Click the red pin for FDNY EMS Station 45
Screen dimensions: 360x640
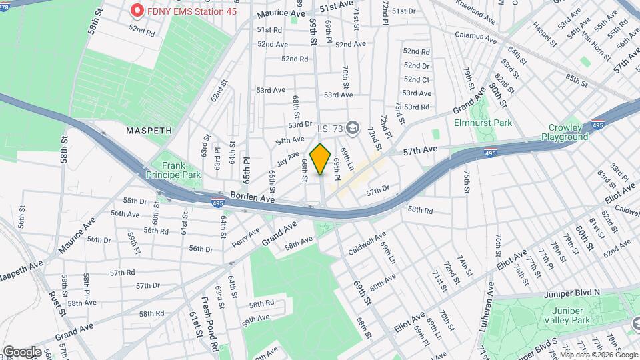[137, 11]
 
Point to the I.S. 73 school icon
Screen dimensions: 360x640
[352, 127]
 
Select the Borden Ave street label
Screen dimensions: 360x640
[253, 198]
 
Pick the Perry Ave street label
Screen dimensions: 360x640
[246, 238]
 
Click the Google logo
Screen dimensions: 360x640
[22, 351]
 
